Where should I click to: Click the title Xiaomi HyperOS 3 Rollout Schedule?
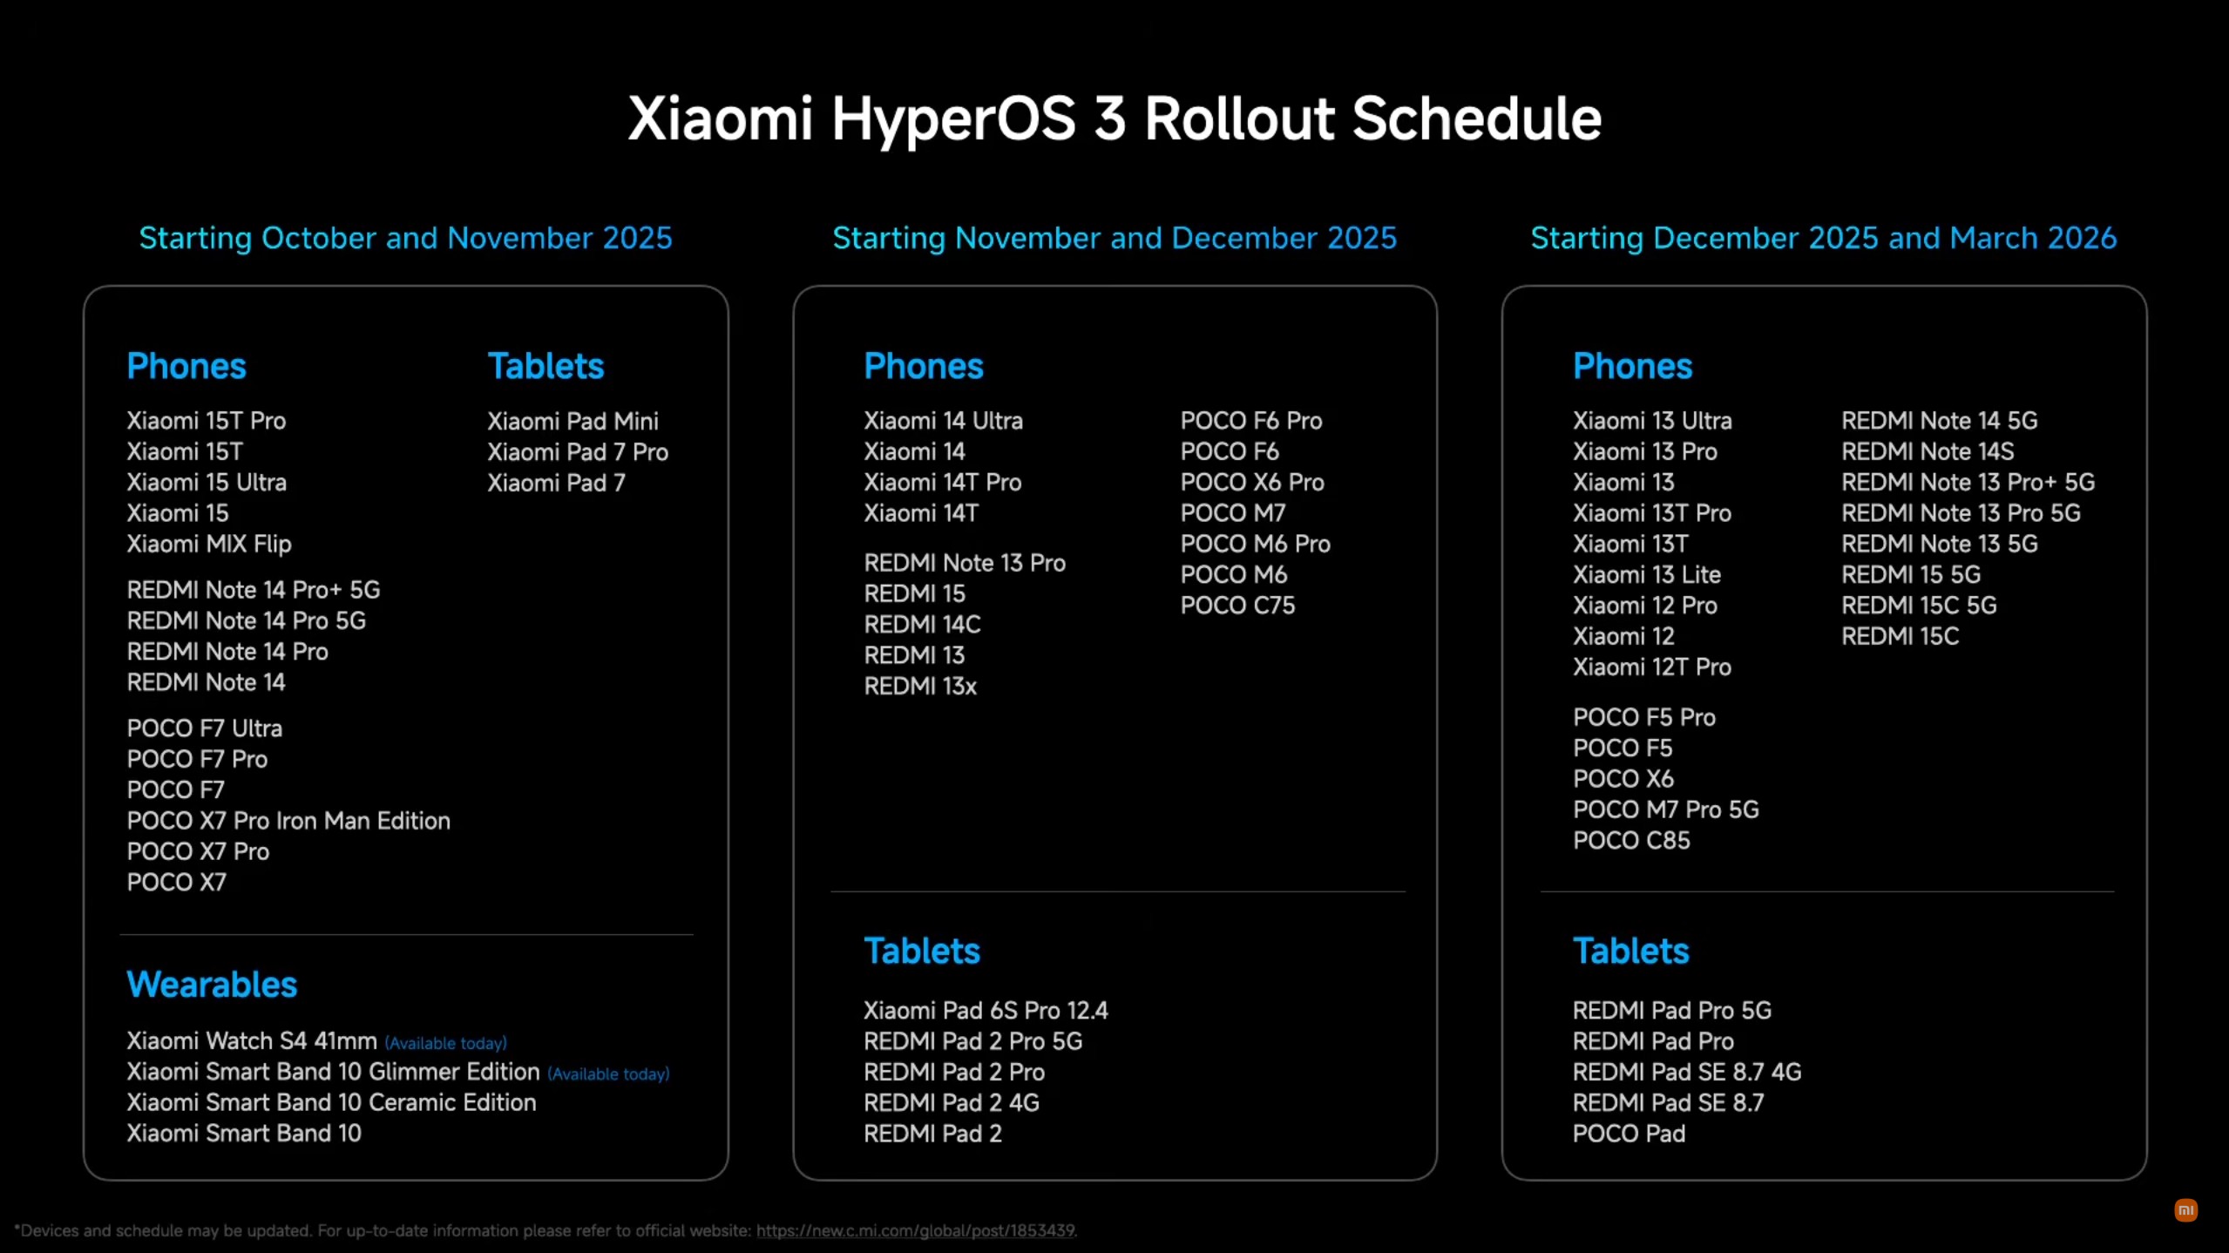1114,119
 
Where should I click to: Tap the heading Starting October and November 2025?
406,238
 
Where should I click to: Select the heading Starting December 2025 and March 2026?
1824,238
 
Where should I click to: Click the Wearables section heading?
212,985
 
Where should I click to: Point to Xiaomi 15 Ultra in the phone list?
207,482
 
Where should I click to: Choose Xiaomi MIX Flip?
209,544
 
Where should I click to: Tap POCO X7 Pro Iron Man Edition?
288,821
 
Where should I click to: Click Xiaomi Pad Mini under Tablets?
572,421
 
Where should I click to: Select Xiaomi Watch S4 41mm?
252,1040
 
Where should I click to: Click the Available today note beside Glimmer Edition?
608,1074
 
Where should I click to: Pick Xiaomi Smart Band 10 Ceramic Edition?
331,1102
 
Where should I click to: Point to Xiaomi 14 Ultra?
943,421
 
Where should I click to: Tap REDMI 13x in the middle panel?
920,686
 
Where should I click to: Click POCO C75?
1237,606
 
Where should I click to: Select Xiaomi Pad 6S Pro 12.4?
986,1011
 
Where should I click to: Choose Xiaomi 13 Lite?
1647,575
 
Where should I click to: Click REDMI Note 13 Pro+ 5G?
1968,482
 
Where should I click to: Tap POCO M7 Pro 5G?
1666,809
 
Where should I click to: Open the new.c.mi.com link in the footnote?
915,1230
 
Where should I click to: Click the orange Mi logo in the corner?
2185,1210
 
